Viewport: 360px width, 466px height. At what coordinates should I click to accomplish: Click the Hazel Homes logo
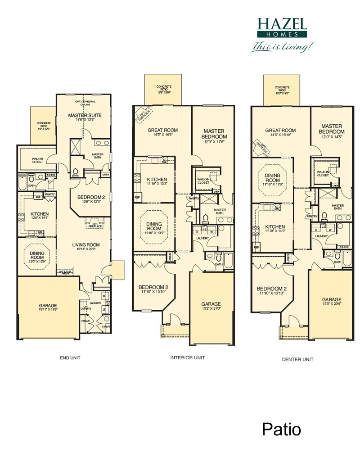pos(282,27)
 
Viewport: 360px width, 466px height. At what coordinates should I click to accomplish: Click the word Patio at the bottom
pos(281,430)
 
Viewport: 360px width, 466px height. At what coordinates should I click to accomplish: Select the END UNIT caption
pos(70,358)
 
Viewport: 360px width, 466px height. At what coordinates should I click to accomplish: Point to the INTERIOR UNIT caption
pos(188,357)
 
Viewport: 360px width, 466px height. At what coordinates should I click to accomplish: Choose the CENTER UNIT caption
pos(297,359)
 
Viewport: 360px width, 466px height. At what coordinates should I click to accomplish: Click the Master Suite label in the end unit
pos(85,115)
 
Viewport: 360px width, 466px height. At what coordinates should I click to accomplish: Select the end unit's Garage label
pos(48,306)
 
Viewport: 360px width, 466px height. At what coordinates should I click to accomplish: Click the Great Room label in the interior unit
pos(162,130)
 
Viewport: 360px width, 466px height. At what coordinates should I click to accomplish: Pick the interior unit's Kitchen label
pos(157,180)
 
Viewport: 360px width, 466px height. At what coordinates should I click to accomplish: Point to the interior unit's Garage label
pos(211,304)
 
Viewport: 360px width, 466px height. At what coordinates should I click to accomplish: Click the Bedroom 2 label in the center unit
pos(271,289)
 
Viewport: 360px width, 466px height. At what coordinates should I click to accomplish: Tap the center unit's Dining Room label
pos(272,178)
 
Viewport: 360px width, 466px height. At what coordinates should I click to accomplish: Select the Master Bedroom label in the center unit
pos(332,129)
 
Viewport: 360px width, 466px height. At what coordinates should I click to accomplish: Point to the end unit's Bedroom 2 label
pos(92,197)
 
